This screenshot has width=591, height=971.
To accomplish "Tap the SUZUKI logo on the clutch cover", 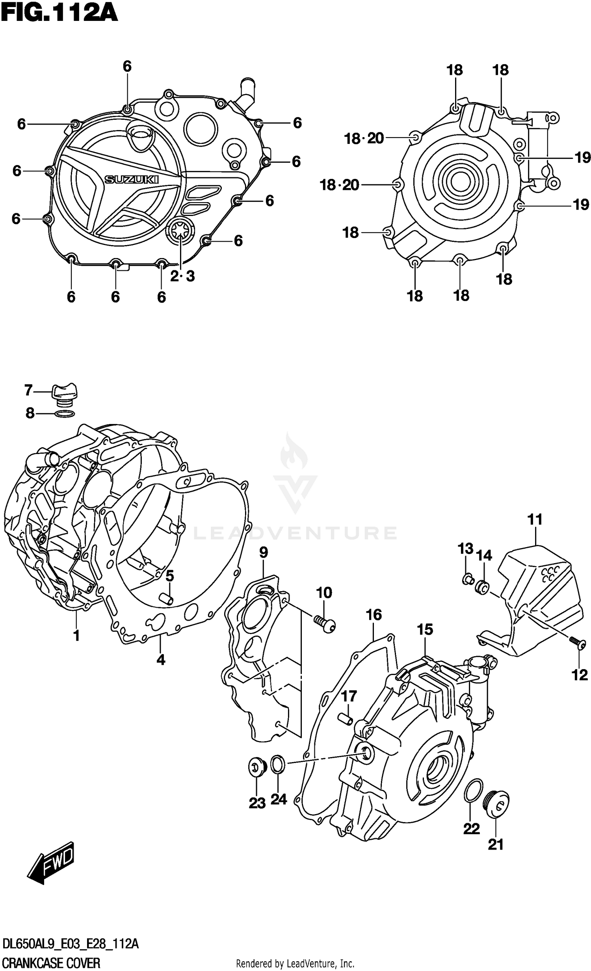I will (x=131, y=180).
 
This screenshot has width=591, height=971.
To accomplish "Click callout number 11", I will (x=535, y=519).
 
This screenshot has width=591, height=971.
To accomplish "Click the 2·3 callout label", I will (x=182, y=276).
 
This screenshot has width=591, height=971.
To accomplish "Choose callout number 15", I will (x=425, y=629).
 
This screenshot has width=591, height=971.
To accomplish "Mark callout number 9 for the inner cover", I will (x=264, y=553).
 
